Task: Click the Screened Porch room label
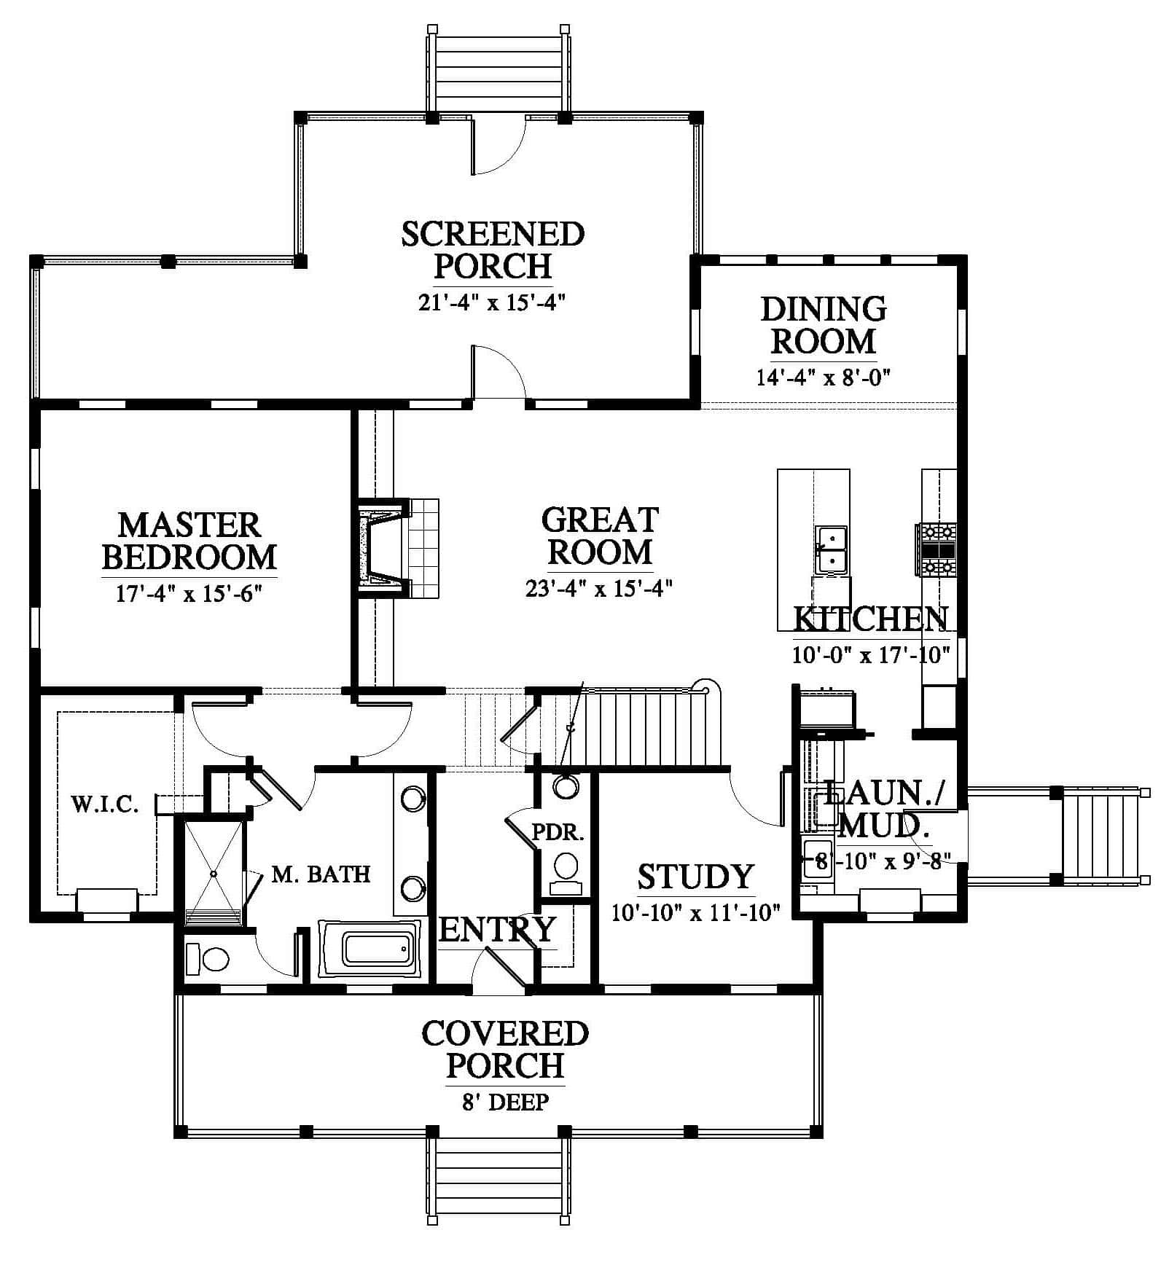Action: point(493,251)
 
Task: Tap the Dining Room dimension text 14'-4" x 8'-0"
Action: point(824,377)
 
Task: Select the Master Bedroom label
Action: point(189,541)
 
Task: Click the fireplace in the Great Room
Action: point(381,547)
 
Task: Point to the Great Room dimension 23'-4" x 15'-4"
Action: point(598,587)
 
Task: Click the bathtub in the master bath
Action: point(370,949)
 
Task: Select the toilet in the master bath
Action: point(208,958)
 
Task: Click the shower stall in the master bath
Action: point(213,873)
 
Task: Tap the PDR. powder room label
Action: point(558,832)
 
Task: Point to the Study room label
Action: point(695,877)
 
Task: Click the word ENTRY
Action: point(498,930)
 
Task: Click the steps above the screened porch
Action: point(496,71)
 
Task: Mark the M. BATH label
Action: point(321,874)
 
